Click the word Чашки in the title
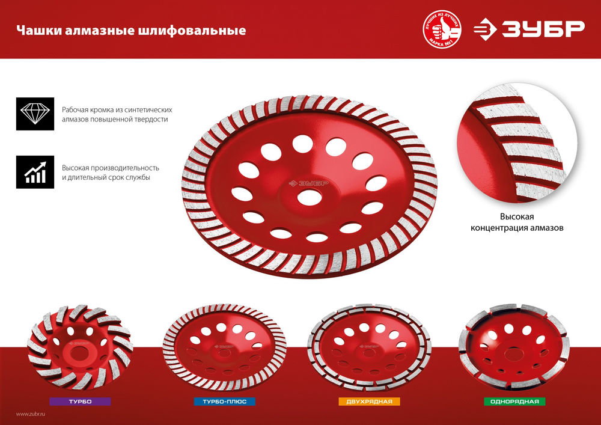click(34, 30)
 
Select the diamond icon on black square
click(35, 114)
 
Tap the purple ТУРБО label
click(79, 401)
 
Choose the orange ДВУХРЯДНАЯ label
click(368, 401)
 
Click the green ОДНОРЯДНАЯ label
click(514, 401)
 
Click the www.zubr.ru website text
click(32, 414)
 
